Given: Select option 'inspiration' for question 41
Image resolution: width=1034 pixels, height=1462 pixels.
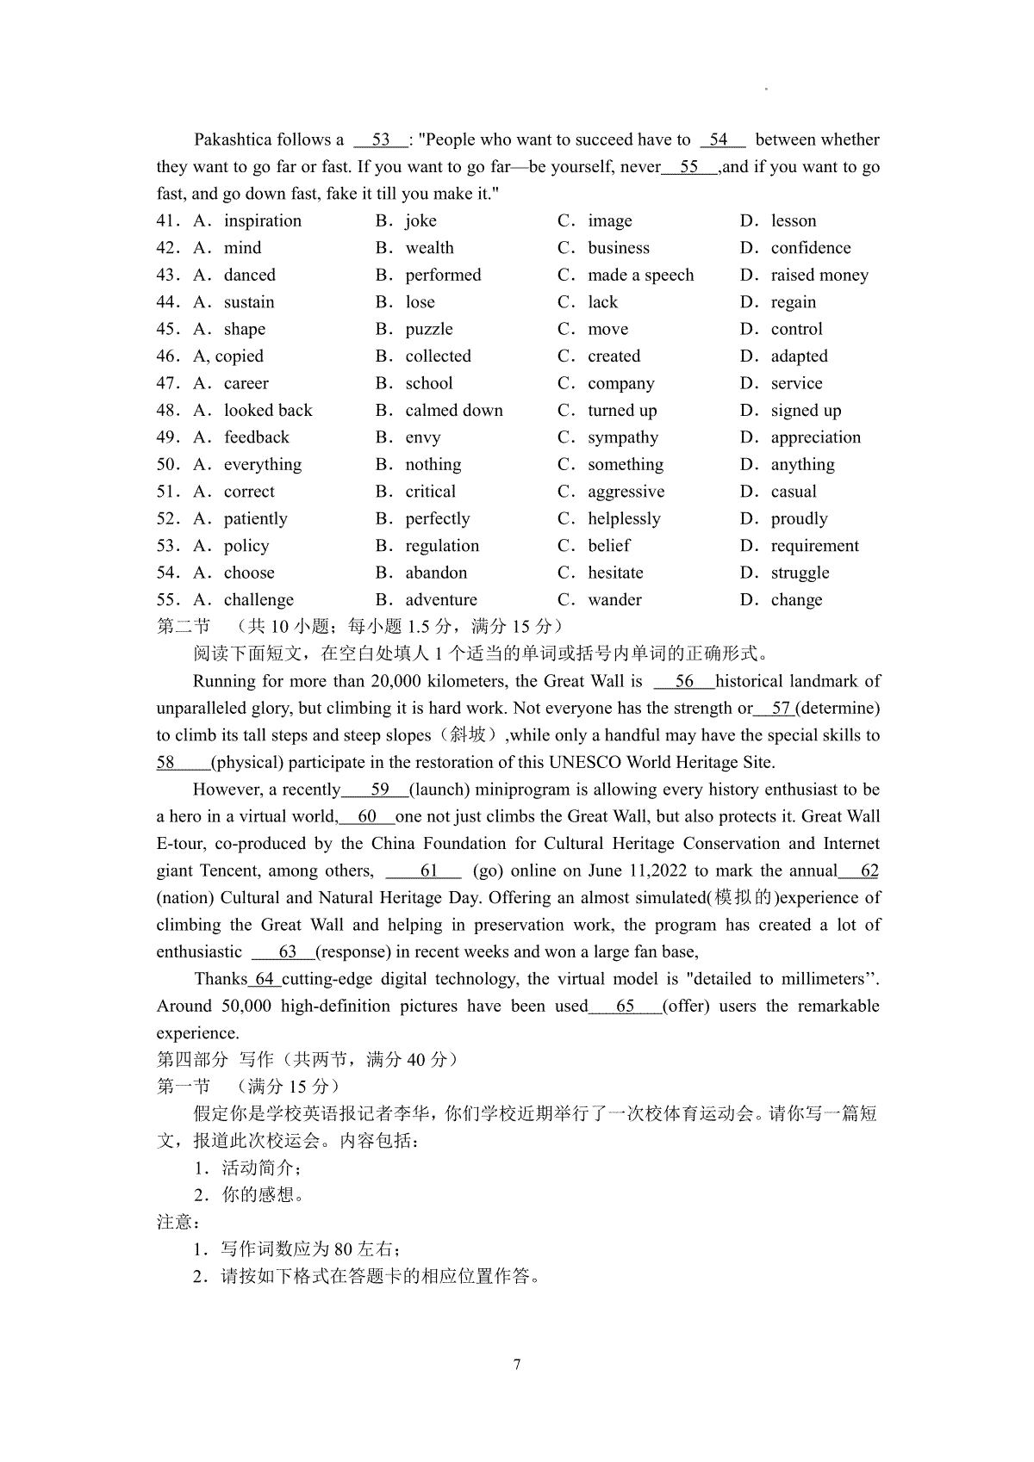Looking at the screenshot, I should coord(263,221).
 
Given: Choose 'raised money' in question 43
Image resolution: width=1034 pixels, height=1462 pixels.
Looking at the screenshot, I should coord(819,276).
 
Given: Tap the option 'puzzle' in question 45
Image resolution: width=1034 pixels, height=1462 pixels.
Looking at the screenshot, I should coord(429,330).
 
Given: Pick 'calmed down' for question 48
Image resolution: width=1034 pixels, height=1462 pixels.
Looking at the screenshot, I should coord(454,411).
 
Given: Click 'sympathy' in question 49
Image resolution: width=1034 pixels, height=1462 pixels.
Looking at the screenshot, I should coord(623,438).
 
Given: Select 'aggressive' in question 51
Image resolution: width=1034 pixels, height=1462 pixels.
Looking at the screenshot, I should coord(626,492).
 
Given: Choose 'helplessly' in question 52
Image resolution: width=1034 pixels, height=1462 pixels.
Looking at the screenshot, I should coord(624,519).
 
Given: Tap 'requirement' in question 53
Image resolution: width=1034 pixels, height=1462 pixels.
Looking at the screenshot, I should coord(814,546).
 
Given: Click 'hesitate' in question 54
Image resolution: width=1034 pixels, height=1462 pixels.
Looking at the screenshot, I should coord(615,573).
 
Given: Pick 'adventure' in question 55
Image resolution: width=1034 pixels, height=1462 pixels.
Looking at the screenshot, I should coord(441,600).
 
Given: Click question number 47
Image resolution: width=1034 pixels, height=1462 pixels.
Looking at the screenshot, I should coord(167,384).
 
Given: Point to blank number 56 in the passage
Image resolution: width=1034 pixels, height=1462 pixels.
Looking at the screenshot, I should coord(684,682).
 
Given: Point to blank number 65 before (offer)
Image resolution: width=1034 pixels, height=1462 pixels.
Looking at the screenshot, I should coord(625,1007).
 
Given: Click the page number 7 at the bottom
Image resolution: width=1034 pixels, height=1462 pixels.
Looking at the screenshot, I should coord(517,1365).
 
